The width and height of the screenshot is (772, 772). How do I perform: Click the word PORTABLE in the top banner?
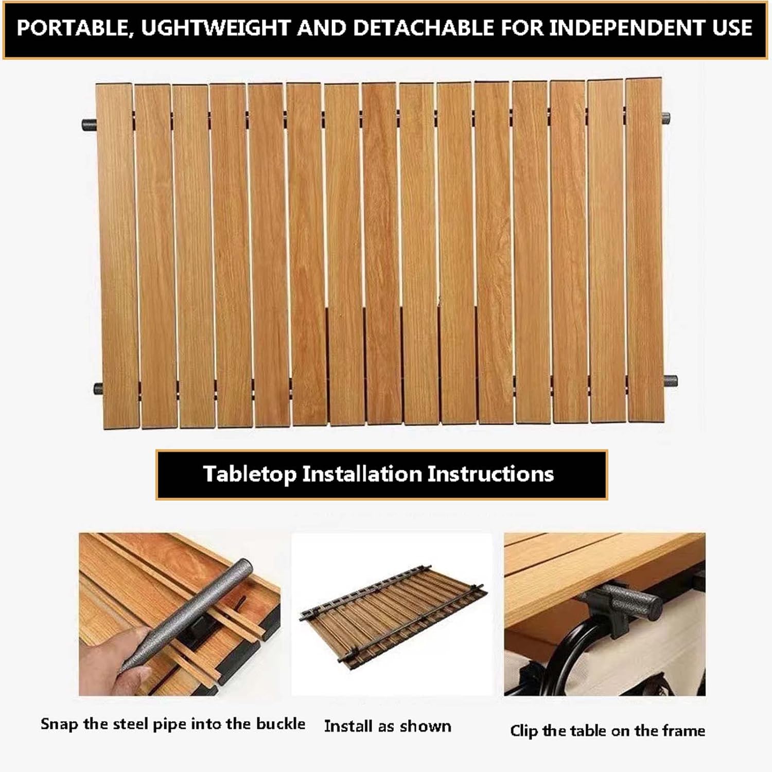(72, 29)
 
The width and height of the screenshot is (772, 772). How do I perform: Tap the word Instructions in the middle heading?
(490, 473)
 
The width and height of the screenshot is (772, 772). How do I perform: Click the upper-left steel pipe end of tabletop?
(89, 125)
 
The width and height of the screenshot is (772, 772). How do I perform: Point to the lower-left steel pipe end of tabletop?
(99, 389)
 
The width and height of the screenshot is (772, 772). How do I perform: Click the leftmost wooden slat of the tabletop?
(117, 256)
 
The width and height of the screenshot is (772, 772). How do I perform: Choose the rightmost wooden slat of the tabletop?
(644, 250)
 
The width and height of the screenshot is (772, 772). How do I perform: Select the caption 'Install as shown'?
(388, 726)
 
